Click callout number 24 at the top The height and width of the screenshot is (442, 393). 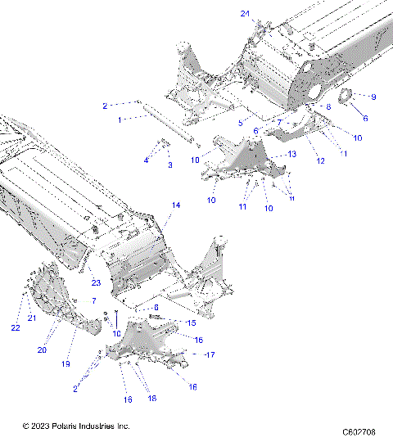click(246, 14)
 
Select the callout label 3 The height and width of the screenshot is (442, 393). click(170, 165)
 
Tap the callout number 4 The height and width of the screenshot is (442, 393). click(146, 160)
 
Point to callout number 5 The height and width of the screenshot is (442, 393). click(241, 123)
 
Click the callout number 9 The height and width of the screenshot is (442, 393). click(373, 97)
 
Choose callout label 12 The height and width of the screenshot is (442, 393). click(321, 161)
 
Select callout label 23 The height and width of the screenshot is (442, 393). click(95, 283)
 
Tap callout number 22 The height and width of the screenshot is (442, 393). click(15, 327)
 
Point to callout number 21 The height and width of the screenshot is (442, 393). click(34, 318)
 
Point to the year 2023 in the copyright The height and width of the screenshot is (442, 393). click(43, 426)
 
